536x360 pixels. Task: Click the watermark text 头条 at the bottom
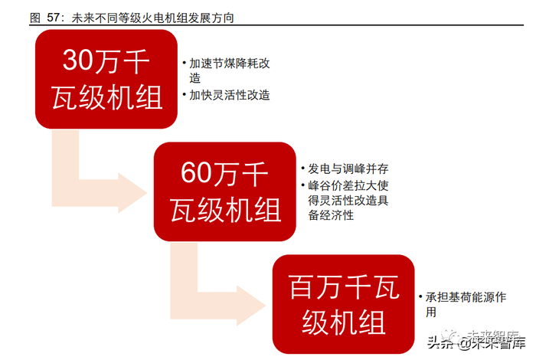pyautogui.click(x=437, y=342)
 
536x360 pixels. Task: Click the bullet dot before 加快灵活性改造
pyautogui.click(x=184, y=97)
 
